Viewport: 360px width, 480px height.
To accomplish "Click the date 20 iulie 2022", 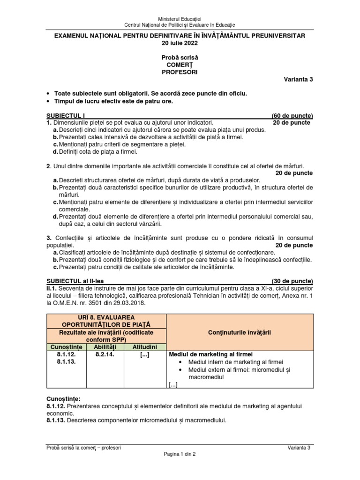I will coord(180,43).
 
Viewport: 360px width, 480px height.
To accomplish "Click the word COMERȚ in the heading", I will coord(180,65).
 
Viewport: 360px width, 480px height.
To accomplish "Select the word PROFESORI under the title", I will coord(180,72).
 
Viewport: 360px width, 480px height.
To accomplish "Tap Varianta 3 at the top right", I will coord(297,79).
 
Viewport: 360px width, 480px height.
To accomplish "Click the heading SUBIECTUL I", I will coord(66,116).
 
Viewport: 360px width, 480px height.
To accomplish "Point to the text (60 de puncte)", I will coord(292,116).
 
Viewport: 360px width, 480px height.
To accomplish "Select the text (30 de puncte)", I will coord(292,279).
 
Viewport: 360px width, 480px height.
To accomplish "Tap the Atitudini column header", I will coord(144,347).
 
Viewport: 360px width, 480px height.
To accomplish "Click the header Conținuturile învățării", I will coord(240,332).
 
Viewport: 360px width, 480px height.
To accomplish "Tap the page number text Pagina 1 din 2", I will coord(180,454).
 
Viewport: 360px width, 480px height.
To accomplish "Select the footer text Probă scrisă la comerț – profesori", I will coord(83,448).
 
